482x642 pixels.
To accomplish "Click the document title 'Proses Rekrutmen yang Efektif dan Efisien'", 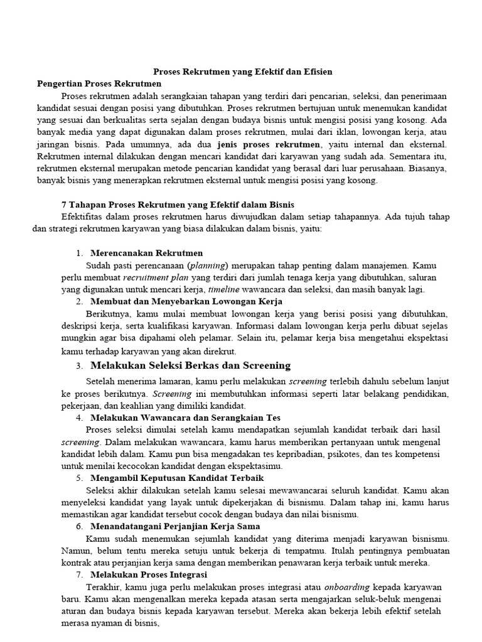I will tap(244, 72).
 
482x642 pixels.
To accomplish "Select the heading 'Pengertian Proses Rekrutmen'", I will tap(99, 83).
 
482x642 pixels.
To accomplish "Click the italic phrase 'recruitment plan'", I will tap(151, 277).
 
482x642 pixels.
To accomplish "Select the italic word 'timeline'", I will tap(225, 289).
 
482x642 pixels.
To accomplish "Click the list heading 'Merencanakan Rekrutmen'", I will tap(146, 253).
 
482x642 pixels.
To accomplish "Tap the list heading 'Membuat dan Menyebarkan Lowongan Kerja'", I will tap(186, 302).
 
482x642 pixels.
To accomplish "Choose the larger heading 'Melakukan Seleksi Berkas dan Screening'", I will tap(190, 366).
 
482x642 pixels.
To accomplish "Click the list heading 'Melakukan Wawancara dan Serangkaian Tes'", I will tap(185, 418).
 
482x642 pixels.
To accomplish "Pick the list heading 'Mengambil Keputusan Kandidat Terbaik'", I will tap(178, 478).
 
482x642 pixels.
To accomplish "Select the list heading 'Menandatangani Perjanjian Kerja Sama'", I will tap(175, 526).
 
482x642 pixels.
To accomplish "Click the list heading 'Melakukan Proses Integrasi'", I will tap(149, 574).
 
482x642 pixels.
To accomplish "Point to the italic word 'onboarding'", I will tap(347, 587).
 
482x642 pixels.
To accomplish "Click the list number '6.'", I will tap(79, 526).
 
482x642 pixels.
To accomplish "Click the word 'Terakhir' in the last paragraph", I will tap(101, 587).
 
